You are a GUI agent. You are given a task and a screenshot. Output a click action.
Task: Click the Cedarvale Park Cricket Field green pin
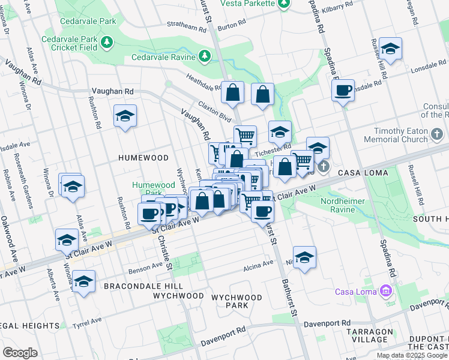tap(107, 42)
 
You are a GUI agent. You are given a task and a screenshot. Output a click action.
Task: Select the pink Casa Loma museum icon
tap(385, 292)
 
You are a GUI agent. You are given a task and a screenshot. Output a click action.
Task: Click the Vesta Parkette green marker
tap(284, 4)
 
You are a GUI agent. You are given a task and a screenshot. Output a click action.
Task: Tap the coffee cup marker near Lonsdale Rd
tap(343, 91)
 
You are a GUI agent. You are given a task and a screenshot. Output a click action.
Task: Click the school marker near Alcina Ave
tap(305, 257)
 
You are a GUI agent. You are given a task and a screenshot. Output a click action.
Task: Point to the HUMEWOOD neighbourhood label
tap(143, 157)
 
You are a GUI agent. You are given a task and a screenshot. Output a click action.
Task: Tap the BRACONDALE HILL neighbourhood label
tap(139, 286)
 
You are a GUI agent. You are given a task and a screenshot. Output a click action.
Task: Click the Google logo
tap(20, 353)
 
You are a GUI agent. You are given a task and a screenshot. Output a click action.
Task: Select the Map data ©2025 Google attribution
tap(412, 355)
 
